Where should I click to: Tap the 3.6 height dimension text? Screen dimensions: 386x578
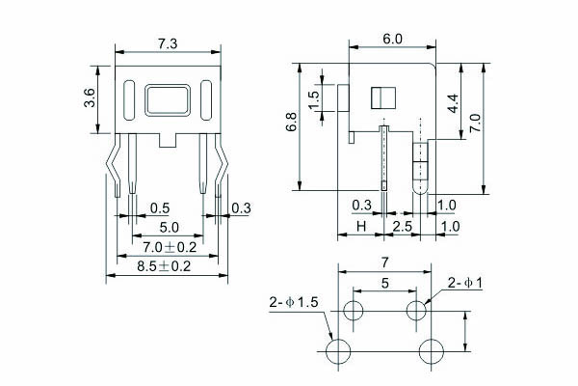(x=90, y=96)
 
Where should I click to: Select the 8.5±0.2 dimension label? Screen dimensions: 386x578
(x=164, y=266)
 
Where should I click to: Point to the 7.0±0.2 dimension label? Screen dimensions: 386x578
(x=164, y=248)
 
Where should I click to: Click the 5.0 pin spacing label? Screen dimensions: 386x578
(x=169, y=228)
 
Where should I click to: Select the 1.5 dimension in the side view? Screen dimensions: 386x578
(x=314, y=99)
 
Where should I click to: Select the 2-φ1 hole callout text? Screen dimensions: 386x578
(x=465, y=283)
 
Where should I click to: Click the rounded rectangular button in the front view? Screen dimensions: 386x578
(x=167, y=100)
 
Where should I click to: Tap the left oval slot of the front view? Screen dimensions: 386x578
(x=129, y=99)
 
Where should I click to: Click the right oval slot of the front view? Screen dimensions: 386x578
(x=205, y=99)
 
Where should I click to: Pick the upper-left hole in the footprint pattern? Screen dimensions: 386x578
(x=353, y=311)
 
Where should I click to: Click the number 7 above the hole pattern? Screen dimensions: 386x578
(x=385, y=262)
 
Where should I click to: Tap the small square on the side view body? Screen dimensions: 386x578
(x=382, y=97)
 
